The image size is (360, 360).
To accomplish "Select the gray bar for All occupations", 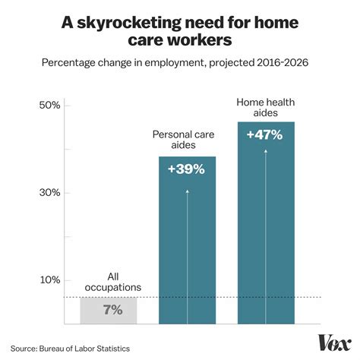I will pos(108,310).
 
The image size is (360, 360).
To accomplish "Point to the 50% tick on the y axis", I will pos(51,105).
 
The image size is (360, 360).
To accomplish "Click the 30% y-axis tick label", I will pos(51,192).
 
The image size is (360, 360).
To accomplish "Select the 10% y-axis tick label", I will pos(51,279).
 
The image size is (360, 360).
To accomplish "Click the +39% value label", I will pos(187,169).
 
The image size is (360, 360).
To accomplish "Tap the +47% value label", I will pos(265,135).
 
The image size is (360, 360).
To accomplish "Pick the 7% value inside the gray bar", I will pos(108,310).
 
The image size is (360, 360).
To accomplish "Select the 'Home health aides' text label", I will pos(265,106).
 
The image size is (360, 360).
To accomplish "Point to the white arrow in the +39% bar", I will pos(187,251).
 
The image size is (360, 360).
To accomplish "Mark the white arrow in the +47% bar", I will pos(265,228).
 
